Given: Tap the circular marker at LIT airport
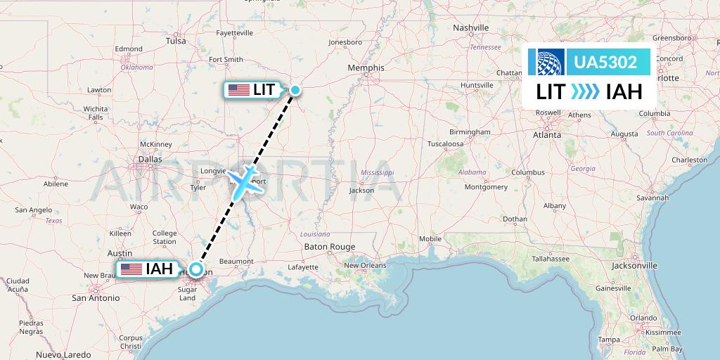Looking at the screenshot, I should [295, 89].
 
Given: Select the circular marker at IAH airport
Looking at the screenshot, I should [196, 269].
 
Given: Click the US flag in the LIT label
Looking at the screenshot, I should [239, 90].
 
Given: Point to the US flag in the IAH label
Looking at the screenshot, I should [131, 269].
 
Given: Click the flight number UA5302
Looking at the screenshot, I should [605, 63].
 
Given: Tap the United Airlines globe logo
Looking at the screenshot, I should [551, 63].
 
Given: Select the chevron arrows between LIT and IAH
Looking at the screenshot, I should [585, 91].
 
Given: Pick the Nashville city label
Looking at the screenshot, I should [470, 28].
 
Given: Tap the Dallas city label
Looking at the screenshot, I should [150, 160].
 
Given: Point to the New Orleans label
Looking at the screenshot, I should [365, 265].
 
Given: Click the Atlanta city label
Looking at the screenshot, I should [546, 134].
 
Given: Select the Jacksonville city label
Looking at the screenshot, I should [634, 266].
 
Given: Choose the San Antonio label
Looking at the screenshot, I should [96, 297].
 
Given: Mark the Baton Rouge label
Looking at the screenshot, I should [329, 247].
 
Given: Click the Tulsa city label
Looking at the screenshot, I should [176, 41].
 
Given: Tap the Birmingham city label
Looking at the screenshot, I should [470, 131].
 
